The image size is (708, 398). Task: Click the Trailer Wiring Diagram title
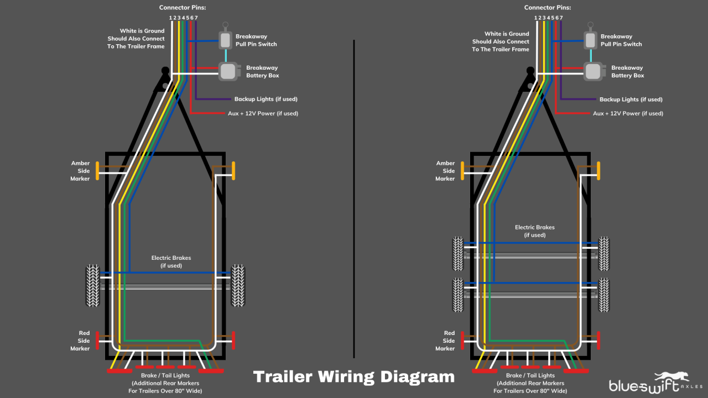(353, 377)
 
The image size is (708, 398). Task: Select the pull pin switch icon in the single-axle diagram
(226, 39)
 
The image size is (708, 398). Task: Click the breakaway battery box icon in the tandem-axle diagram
(593, 71)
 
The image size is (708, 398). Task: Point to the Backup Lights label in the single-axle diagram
(265, 99)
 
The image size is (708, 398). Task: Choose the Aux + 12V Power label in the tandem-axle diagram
(628, 113)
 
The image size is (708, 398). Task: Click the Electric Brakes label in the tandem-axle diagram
(534, 231)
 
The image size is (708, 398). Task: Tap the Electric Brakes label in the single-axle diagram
(171, 261)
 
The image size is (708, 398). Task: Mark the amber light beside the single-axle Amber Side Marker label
(97, 171)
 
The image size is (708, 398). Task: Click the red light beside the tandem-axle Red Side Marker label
(462, 341)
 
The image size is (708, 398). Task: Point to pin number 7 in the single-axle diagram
(196, 18)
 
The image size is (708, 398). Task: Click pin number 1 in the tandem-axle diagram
(535, 18)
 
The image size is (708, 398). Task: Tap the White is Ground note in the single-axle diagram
(136, 39)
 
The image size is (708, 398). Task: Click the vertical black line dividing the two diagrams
(354, 199)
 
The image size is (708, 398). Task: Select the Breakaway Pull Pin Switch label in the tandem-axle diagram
(621, 40)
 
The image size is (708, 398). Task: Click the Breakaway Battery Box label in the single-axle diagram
(262, 72)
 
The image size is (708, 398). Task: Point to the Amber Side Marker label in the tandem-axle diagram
(445, 171)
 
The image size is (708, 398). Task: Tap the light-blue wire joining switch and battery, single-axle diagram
(226, 55)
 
